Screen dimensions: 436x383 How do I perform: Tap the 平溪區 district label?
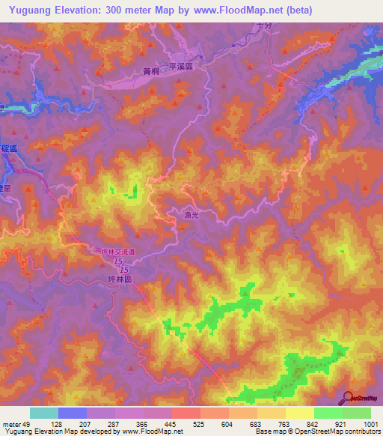pos(182,67)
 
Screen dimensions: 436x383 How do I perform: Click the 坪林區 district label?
pos(120,278)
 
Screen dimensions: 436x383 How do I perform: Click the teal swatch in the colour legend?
pos(44,413)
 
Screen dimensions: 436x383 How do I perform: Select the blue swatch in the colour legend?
pos(73,413)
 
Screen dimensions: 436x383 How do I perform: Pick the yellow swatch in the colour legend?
pos(300,413)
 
